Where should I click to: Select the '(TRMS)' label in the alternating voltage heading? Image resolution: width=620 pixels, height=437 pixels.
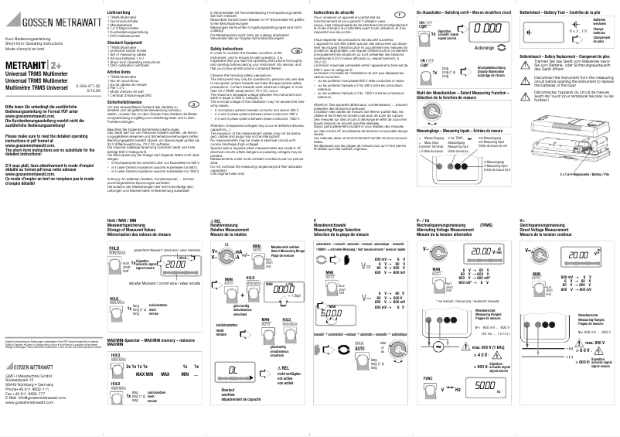pos(485,224)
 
